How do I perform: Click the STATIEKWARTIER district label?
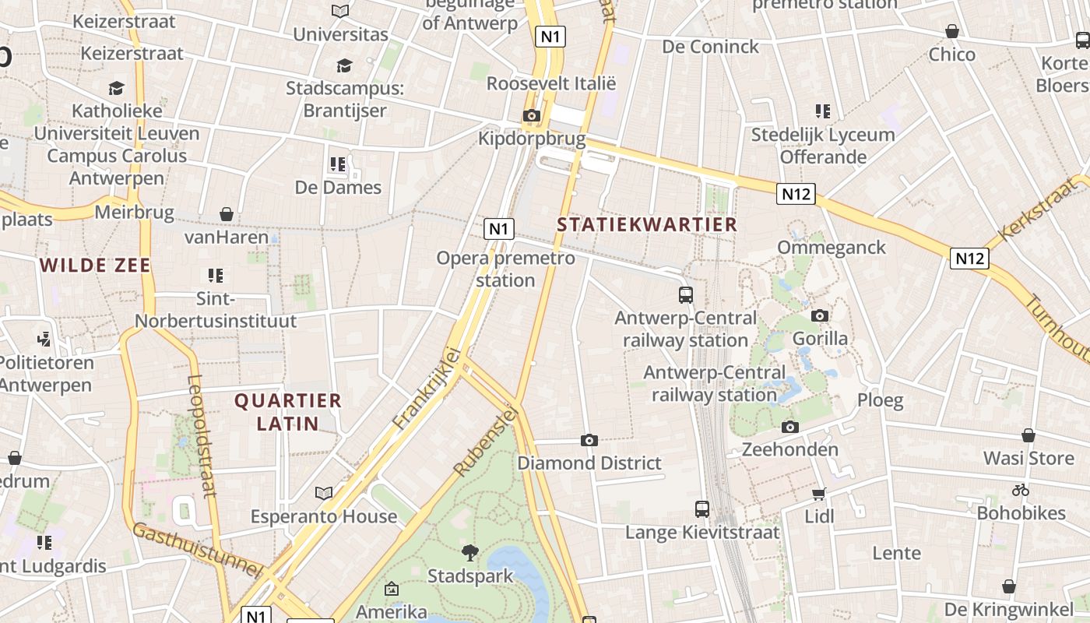click(647, 225)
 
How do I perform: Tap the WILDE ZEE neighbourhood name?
click(95, 266)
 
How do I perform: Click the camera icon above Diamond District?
click(589, 441)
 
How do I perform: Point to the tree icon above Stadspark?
click(469, 554)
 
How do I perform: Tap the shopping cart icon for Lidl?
click(819, 494)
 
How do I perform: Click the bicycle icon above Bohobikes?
click(1021, 491)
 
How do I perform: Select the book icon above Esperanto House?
click(324, 494)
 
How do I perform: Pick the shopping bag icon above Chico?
click(951, 32)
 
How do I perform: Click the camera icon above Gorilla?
click(820, 316)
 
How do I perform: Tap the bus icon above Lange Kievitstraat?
click(702, 509)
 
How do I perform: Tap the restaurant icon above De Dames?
click(337, 164)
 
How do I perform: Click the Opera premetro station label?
click(505, 269)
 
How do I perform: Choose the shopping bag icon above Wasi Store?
click(1028, 436)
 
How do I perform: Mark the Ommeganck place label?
click(832, 248)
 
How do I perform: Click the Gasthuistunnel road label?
click(196, 551)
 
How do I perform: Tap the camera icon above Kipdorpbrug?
click(531, 116)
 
